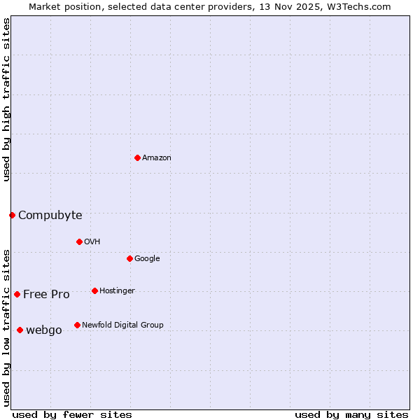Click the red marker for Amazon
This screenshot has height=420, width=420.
point(137,157)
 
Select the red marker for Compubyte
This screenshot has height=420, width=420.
point(12,215)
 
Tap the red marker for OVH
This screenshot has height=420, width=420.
point(79,241)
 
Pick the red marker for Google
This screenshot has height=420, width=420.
point(129,258)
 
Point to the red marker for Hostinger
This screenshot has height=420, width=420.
point(94,290)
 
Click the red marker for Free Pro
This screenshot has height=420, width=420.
point(17,294)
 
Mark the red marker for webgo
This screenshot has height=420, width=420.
point(20,330)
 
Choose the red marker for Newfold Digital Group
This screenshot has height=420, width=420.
point(77,325)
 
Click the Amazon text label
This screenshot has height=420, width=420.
point(157,158)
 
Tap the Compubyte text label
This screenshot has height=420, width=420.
point(50,216)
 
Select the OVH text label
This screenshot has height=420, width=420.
point(92,242)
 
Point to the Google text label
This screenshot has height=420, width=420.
point(147,259)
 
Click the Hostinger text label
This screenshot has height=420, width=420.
point(117,291)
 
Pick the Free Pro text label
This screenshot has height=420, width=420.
point(46,295)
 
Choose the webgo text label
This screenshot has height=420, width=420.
point(44,330)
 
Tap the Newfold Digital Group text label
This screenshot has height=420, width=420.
point(122,325)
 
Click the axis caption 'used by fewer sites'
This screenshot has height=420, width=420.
point(72,415)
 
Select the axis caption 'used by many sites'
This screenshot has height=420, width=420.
point(351,415)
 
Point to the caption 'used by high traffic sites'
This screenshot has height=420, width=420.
point(6,99)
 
